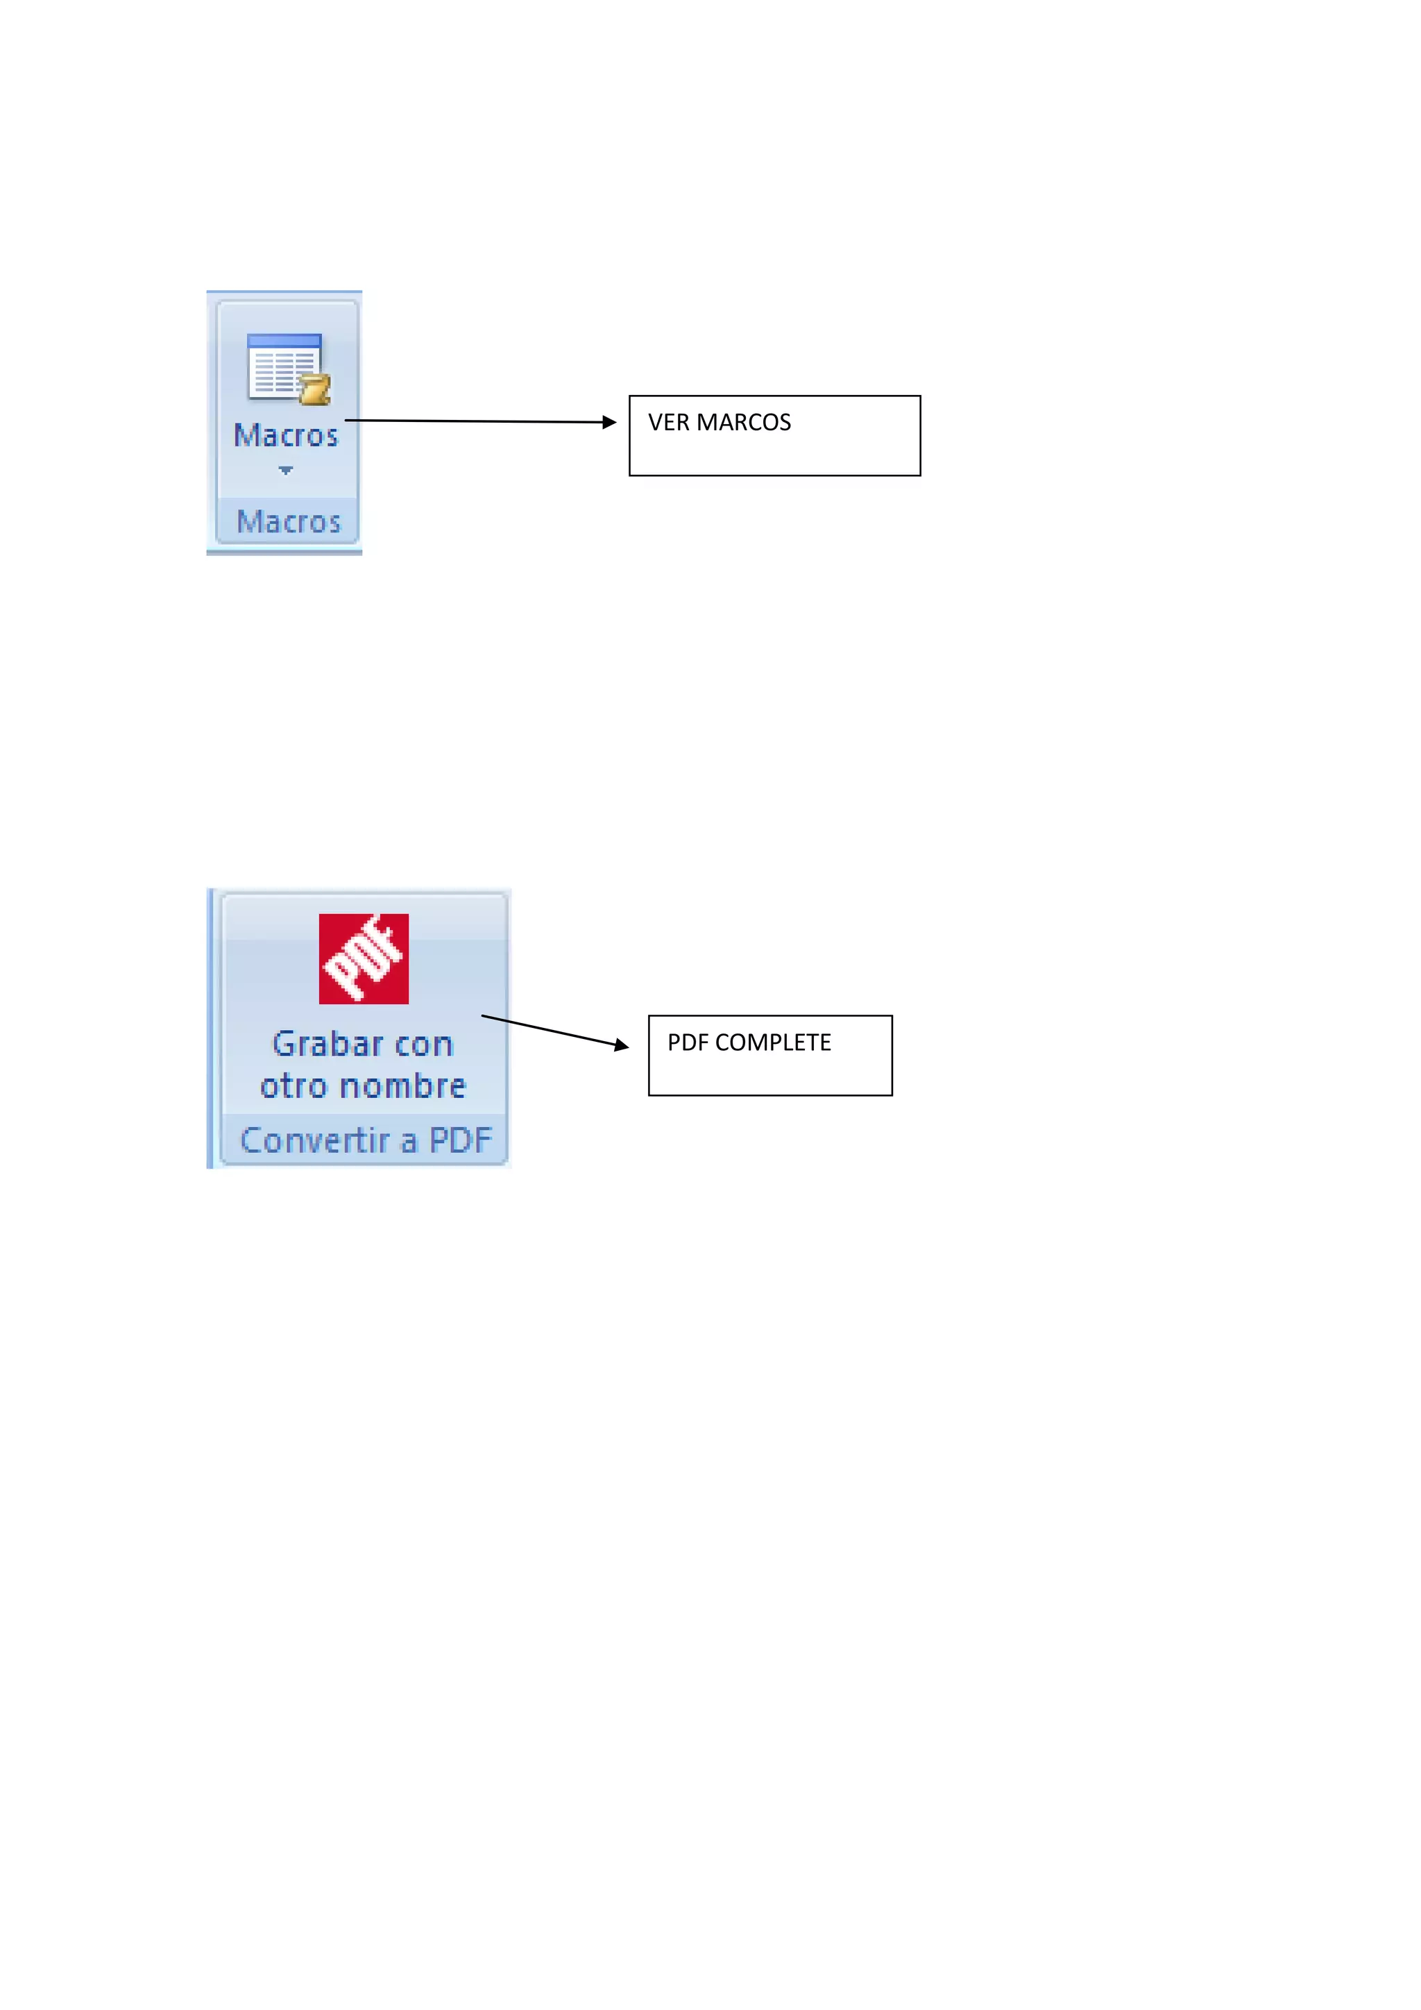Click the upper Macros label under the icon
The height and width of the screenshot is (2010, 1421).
coord(286,436)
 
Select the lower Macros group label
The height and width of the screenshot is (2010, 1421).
coord(289,522)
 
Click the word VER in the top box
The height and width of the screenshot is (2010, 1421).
coord(668,423)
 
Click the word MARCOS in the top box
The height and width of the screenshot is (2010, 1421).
coord(744,423)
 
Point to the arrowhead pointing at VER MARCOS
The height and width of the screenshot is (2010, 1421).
coord(610,422)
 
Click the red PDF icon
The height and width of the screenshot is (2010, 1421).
coord(363,958)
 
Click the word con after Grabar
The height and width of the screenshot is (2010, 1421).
coord(423,1045)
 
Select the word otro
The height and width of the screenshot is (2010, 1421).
coord(293,1086)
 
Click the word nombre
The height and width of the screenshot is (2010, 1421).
coord(402,1086)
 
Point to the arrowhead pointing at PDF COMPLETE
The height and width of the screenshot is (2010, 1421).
coord(621,1045)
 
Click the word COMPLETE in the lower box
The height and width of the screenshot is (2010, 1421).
coord(774,1042)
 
